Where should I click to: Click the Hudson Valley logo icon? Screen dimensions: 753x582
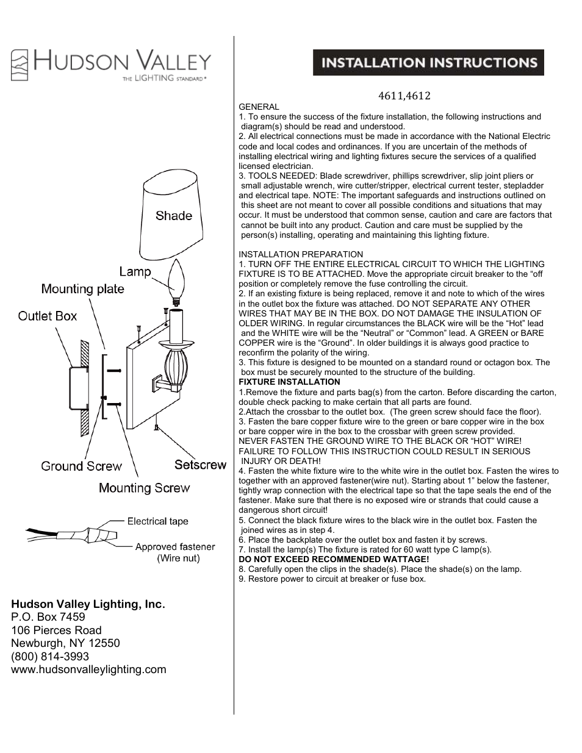[20, 65]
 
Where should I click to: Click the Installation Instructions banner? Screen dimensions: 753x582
[428, 63]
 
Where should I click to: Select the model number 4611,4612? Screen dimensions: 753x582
[404, 96]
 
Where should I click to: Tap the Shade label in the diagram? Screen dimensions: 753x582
[173, 216]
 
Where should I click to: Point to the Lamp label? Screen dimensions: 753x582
[135, 271]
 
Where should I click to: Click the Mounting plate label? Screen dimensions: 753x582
[82, 289]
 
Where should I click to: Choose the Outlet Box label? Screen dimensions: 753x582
[48, 316]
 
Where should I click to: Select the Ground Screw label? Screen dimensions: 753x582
[81, 466]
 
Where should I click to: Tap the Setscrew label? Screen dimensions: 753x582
[200, 465]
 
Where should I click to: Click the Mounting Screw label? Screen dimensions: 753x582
[144, 488]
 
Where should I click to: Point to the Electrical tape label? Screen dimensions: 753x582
[157, 521]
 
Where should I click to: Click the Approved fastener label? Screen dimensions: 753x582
[175, 547]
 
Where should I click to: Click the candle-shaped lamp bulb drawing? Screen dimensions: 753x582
[176, 282]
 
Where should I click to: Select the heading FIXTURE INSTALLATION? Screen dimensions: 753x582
[289, 382]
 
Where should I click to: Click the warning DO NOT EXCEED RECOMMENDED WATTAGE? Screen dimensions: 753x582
[334, 559]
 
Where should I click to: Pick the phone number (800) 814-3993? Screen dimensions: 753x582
[50, 656]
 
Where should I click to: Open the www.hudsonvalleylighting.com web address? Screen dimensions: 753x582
[88, 669]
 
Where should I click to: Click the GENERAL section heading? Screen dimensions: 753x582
[259, 107]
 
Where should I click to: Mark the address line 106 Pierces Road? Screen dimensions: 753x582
[56, 630]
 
